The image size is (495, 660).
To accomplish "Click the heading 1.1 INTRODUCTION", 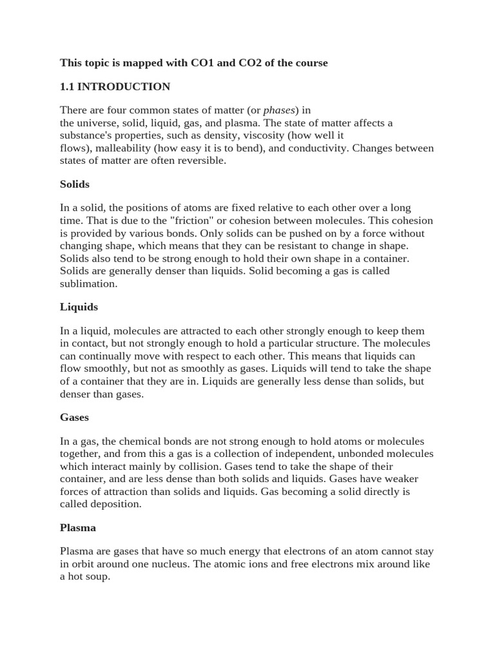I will [115, 86].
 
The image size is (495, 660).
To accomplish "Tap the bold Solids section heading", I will [75, 184].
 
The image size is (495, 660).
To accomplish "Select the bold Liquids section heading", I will [79, 307].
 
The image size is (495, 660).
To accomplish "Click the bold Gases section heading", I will [74, 417].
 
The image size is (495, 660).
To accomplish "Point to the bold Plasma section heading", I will [78, 527].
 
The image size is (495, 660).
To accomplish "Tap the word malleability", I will [122, 148].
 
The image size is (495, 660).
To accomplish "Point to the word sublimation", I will [88, 283].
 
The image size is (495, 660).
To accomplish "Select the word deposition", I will [117, 503].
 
